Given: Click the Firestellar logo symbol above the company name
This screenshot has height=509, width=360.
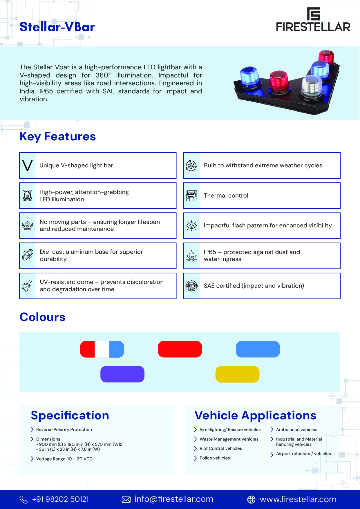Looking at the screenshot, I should tap(314, 14).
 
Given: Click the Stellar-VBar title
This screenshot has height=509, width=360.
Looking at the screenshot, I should tap(57, 27).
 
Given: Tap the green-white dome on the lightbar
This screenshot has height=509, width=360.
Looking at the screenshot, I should tap(312, 86).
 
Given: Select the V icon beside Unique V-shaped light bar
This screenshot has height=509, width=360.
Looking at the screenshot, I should tap(28, 166).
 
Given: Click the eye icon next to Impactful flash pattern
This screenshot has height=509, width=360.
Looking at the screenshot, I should tap(191, 225).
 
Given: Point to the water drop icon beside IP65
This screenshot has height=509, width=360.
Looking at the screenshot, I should tap(191, 256).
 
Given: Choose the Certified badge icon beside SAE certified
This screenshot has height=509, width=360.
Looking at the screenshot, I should tap(191, 286).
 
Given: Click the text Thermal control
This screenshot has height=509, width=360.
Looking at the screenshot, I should tap(226, 195).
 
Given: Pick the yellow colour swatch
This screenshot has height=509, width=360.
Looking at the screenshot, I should tap(237, 374).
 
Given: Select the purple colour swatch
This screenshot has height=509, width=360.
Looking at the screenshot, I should tap(122, 374).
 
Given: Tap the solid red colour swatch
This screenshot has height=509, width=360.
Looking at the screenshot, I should tap(180, 349).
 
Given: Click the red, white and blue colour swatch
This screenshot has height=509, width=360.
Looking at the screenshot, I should tap(102, 349).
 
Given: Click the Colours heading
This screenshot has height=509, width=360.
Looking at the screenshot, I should tap(42, 317).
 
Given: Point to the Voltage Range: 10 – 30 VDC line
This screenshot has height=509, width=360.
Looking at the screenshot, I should tap(64, 459).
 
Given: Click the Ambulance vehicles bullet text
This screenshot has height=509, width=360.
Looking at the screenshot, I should tap(296, 430).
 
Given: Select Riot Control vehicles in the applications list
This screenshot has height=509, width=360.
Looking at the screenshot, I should tap(221, 448).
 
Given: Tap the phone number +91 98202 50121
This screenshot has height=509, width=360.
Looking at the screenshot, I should tap(60, 499).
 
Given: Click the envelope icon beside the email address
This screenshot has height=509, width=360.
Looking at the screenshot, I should tap(126, 499).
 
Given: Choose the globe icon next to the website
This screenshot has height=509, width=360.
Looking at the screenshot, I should tap(251, 499).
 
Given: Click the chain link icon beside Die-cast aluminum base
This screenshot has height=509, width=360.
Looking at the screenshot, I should tap(28, 255).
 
